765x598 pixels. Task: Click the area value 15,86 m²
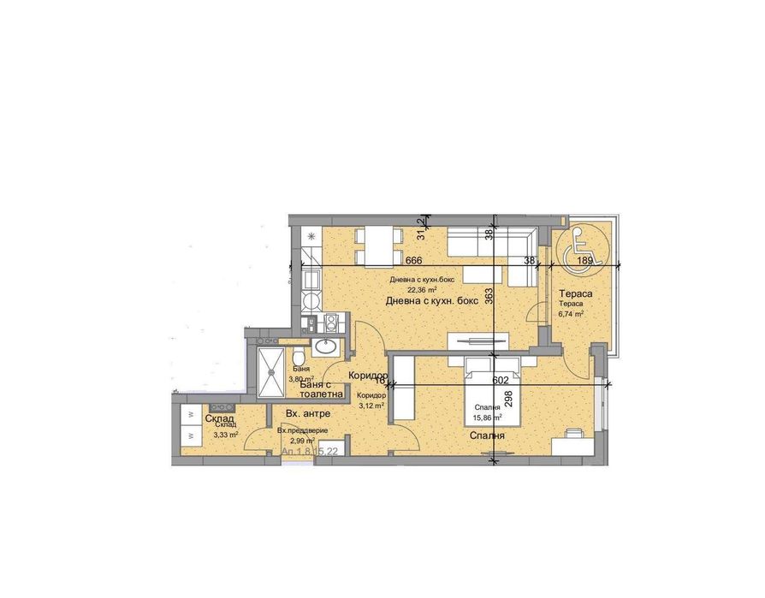[488, 417]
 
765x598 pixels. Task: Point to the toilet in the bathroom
[297, 356]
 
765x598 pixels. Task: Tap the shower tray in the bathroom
[270, 367]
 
